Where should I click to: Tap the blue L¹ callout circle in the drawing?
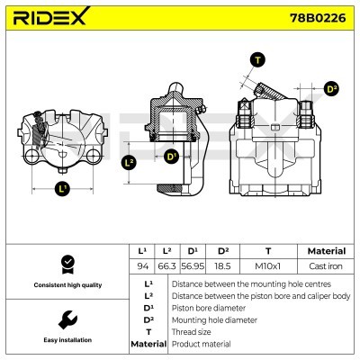62,189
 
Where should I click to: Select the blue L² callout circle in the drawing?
128,163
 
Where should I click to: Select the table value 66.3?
166,266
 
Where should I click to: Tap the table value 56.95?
193,266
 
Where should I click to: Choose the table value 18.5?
222,266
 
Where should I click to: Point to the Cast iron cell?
325,266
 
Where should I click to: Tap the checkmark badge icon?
66,264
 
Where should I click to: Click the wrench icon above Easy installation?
66,319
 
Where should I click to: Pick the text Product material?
202,344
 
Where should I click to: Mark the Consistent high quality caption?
66,284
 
